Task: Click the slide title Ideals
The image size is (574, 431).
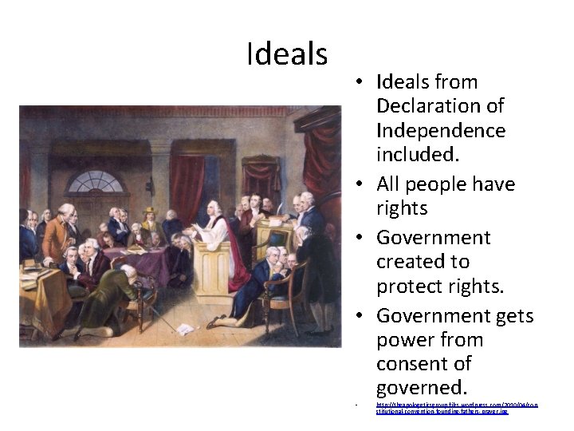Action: [287, 54]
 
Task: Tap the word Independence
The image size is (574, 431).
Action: [440, 129]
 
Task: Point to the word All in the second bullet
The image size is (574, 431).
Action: [391, 184]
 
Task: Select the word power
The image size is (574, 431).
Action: [407, 340]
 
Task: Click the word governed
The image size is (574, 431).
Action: [421, 388]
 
